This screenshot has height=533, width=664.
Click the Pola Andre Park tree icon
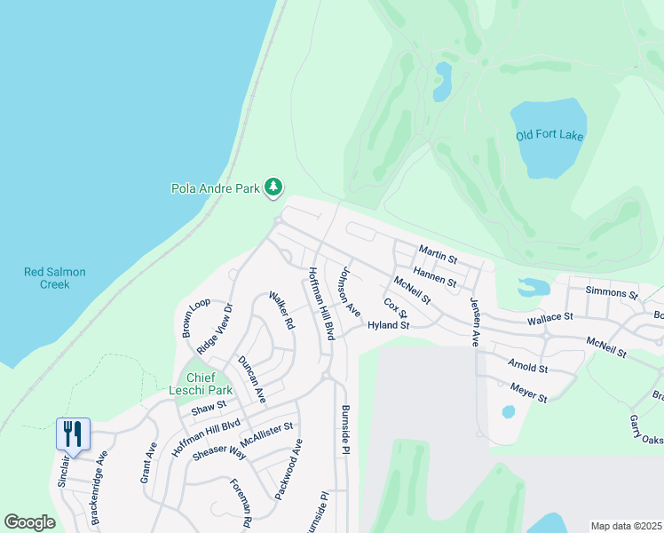275,187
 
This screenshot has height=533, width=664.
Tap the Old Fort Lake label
549,136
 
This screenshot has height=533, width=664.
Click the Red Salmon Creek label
55,278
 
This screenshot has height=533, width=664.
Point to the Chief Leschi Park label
201,383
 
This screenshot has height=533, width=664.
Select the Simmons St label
612,292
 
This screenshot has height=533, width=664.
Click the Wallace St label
550,315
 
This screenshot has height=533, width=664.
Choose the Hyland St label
388,326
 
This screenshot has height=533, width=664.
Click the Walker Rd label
281,311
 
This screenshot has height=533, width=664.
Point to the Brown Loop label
196,317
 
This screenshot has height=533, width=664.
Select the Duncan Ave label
252,378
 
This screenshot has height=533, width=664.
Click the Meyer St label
529,392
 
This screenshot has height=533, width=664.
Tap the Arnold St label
528,365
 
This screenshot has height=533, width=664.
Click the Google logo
29,522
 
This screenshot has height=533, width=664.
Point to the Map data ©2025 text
626,526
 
